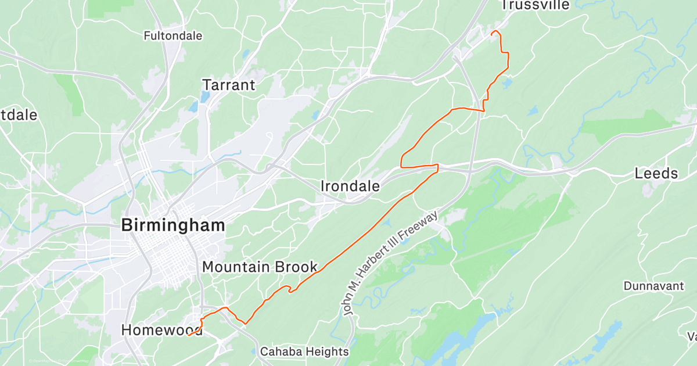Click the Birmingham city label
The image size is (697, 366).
click(173, 226)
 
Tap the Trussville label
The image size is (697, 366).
click(527, 5)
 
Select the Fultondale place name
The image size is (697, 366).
click(173, 36)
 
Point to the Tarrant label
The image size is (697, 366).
click(228, 85)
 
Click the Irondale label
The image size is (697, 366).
click(350, 186)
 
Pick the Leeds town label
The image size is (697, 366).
click(656, 173)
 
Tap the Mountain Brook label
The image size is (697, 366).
click(260, 267)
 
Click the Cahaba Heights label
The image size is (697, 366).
click(304, 351)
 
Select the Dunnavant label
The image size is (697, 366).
click(651, 286)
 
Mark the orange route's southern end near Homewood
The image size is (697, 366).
click(189, 335)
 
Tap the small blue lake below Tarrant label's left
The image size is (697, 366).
click(193, 107)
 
